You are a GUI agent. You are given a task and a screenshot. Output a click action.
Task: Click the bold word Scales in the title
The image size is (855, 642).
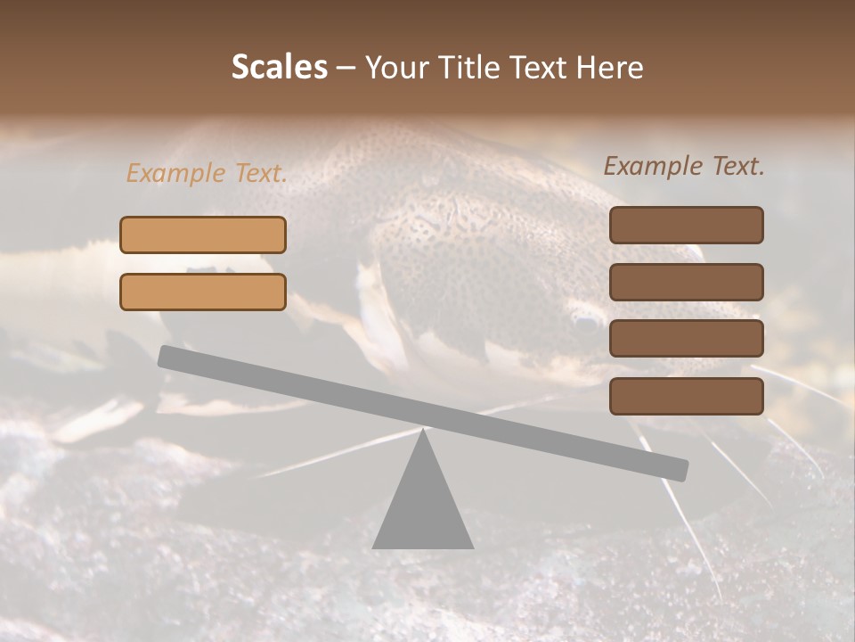[x=280, y=68]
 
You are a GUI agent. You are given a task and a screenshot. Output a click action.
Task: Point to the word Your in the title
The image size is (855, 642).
[x=398, y=68]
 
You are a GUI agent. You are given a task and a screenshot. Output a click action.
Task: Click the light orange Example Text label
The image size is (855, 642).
[x=207, y=174]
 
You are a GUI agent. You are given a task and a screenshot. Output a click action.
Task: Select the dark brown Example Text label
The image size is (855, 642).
[x=684, y=167]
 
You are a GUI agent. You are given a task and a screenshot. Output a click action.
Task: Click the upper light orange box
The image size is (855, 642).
[x=203, y=235]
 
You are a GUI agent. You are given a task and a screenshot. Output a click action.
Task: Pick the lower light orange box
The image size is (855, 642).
[x=203, y=292]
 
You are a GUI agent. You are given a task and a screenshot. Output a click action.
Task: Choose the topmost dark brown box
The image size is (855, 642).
[x=686, y=225]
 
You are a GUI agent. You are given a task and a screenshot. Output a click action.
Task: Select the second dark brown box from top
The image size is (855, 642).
[x=686, y=282]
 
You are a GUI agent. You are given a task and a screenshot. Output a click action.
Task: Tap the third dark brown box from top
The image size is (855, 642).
[x=686, y=338]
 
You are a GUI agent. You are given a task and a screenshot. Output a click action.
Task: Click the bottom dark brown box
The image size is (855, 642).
[x=686, y=396]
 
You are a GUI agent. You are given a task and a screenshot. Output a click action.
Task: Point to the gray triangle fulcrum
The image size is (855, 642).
[x=422, y=504]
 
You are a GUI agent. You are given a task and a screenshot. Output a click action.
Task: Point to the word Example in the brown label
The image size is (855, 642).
[x=654, y=167]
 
